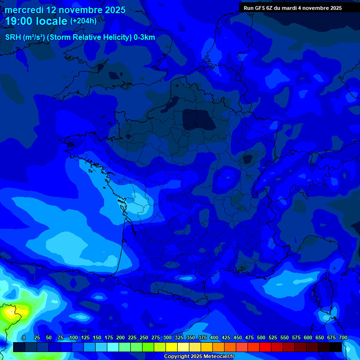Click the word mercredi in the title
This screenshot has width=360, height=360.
(x=24, y=10)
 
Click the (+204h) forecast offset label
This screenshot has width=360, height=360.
(x=83, y=21)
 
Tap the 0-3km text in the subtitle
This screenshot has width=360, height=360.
(x=144, y=37)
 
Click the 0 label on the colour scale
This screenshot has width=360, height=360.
(x=24, y=337)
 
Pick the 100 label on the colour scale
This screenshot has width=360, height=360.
(x=74, y=337)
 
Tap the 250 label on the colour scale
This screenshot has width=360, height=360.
(x=144, y=337)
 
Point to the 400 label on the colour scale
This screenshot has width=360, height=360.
(x=214, y=337)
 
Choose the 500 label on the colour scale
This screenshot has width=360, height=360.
(x=261, y=337)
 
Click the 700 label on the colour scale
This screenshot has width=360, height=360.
(x=343, y=337)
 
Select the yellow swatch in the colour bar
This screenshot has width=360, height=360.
(x=172, y=347)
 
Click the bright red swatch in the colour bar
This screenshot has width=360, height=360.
(x=265, y=347)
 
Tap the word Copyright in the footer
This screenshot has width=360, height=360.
(x=178, y=357)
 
